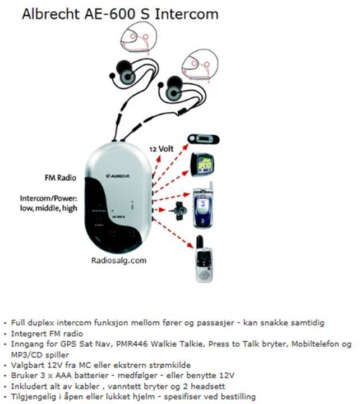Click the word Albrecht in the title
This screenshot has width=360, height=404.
coord(49,13)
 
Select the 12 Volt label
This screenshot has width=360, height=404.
coord(161,149)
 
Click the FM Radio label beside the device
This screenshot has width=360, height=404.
coord(60,178)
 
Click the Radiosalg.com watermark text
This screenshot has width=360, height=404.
coord(118,260)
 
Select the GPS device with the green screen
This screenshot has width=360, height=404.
coord(203,164)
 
